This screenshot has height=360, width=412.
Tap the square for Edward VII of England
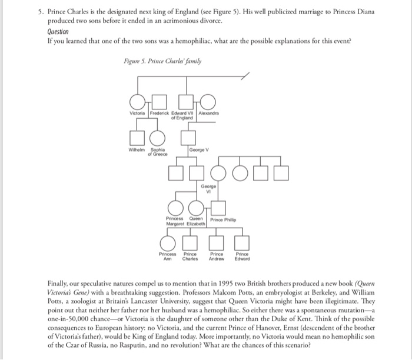tap(187, 102)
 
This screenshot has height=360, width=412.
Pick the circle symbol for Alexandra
tap(208, 102)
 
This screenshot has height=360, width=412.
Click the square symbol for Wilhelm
tap(137, 138)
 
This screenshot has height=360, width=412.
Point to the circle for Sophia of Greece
tap(158, 138)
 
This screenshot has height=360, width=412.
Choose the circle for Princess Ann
tap(168, 243)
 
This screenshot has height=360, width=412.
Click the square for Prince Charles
tap(189, 243)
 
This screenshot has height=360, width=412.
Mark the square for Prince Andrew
tap(218, 243)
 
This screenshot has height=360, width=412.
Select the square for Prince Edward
tap(242, 243)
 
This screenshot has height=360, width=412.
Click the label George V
tap(199, 151)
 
